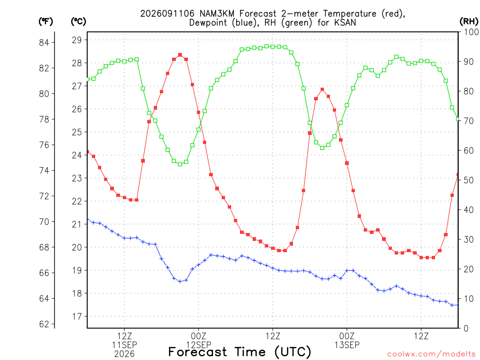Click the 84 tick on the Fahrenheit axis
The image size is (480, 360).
pos(44,43)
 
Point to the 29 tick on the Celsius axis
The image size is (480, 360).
pos(77,40)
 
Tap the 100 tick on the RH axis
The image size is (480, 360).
pos(471,32)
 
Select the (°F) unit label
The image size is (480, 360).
pos(45,22)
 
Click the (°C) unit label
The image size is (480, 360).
pos(78,22)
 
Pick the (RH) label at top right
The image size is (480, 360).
pos(469,22)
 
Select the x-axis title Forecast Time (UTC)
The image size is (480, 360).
pos(240,352)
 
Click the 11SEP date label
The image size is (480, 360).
pos(124,345)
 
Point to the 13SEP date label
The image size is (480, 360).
pos(347,345)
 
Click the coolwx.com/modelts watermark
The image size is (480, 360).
pos(431,354)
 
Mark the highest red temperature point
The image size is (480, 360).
pos(180,55)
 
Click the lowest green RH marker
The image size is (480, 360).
pos(180,165)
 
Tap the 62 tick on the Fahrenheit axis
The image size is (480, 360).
pos(44,324)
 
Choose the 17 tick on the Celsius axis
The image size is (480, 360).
pos(77,316)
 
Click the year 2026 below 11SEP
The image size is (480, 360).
pos(124,354)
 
